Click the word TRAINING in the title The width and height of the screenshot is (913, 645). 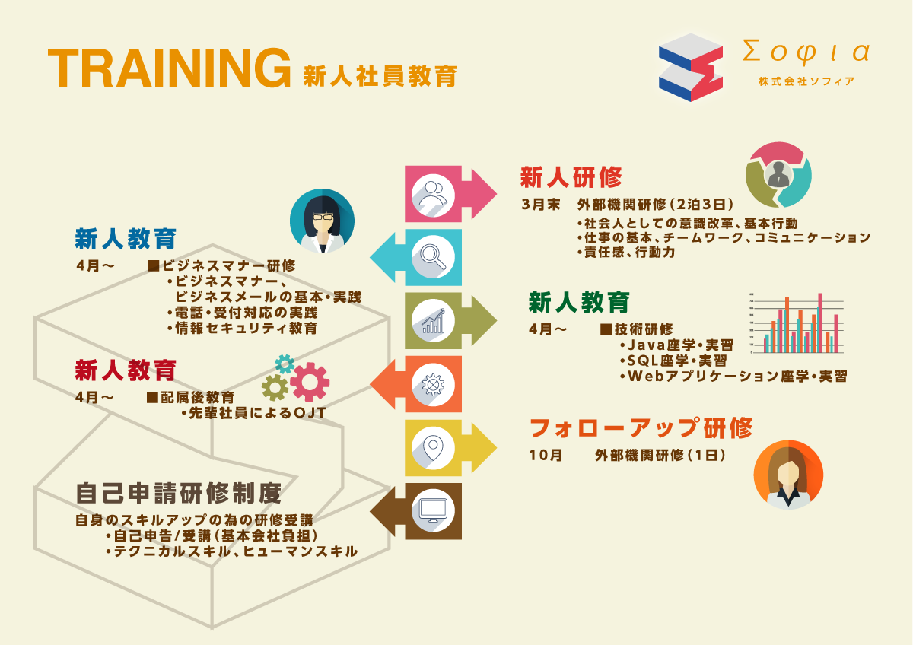click(x=170, y=68)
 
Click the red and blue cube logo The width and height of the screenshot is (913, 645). click(x=691, y=68)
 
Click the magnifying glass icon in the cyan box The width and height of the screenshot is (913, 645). click(x=433, y=256)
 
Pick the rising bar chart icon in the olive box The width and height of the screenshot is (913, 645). click(x=433, y=321)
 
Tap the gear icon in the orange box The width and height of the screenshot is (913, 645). click(x=433, y=385)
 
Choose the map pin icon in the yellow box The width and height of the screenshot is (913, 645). click(x=433, y=448)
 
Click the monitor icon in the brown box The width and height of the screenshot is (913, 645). click(x=433, y=510)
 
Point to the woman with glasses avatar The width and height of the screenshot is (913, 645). click(x=322, y=221)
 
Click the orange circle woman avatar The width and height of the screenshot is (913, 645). click(x=788, y=475)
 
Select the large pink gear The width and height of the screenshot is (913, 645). click(x=310, y=382)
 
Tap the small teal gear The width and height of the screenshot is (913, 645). click(x=285, y=364)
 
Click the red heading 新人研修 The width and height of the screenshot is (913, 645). click(x=571, y=177)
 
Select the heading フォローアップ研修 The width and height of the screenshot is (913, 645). click(x=641, y=427)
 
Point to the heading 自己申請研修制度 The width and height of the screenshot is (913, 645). click(x=179, y=493)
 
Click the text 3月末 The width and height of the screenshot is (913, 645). click(x=541, y=205)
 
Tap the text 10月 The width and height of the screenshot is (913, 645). click(x=546, y=455)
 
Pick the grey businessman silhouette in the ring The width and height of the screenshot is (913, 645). click(x=778, y=174)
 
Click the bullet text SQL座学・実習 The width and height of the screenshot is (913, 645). click(x=673, y=361)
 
